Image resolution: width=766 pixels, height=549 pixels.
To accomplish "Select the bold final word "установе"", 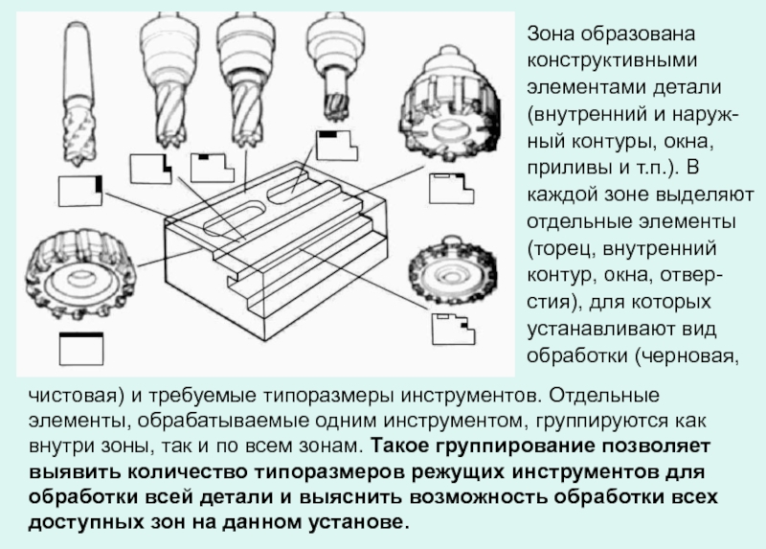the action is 356,523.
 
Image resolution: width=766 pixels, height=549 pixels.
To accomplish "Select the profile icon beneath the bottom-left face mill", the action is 80,348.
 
